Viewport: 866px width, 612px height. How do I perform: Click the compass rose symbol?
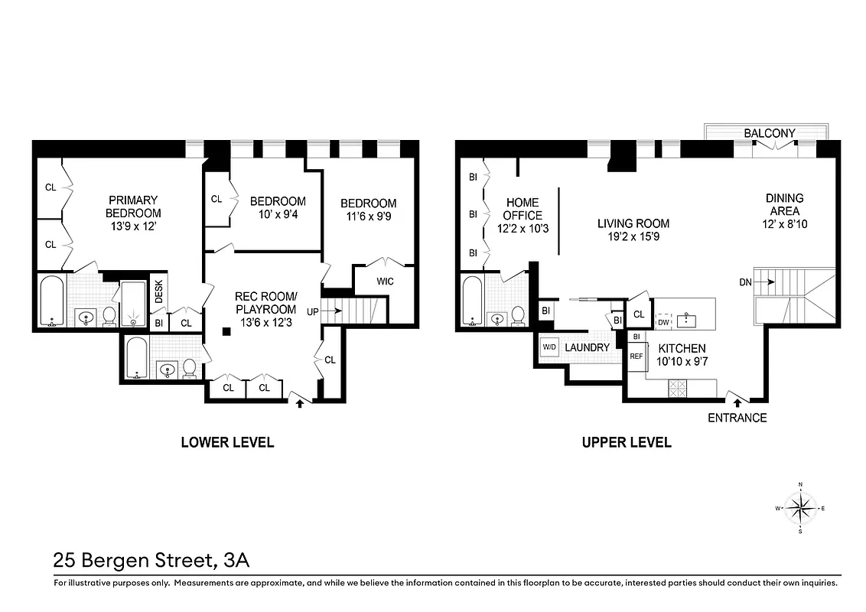coord(800,508)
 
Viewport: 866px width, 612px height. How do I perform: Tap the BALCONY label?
coord(769,133)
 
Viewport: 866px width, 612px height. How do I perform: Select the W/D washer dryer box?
coord(549,347)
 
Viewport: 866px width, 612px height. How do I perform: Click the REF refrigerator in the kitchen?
coord(636,356)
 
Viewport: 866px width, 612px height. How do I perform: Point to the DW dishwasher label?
coord(664,322)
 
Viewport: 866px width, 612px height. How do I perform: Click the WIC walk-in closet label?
coord(385,282)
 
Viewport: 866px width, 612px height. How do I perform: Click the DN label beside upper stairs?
coord(746,282)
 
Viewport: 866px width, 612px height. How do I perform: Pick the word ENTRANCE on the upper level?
coord(737,418)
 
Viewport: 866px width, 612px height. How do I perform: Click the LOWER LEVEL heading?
coord(226,442)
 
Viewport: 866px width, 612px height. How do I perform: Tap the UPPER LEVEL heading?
coord(627,442)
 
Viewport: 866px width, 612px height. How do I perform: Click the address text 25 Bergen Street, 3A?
coord(151,561)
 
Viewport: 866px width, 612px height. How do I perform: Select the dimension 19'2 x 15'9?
coord(633,237)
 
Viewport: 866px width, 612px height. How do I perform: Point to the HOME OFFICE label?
coord(521,209)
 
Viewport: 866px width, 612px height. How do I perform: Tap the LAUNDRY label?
coord(587,347)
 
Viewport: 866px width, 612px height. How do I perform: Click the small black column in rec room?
coord(227,331)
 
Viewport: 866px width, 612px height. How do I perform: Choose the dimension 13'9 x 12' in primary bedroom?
coord(133,227)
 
